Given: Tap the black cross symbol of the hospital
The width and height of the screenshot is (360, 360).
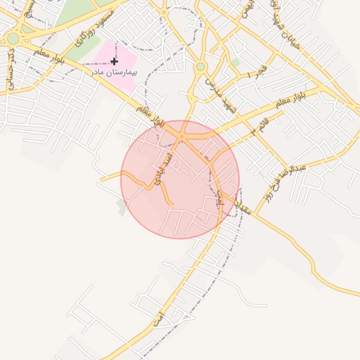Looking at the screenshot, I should (x=115, y=62).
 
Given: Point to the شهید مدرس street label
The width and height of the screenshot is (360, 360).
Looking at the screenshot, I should (x=217, y=92).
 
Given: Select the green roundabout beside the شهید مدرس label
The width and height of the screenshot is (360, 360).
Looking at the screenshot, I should (x=200, y=67).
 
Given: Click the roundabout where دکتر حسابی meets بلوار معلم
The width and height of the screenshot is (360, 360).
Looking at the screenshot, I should (x=13, y=38).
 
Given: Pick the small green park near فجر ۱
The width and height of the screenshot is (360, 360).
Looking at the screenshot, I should (x=236, y=63).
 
